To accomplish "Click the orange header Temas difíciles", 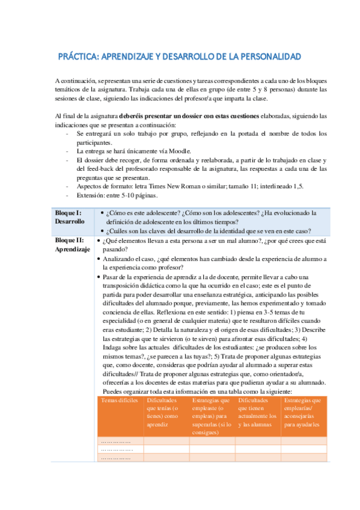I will coord(120,400).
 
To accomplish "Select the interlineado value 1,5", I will coord(299,186).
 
